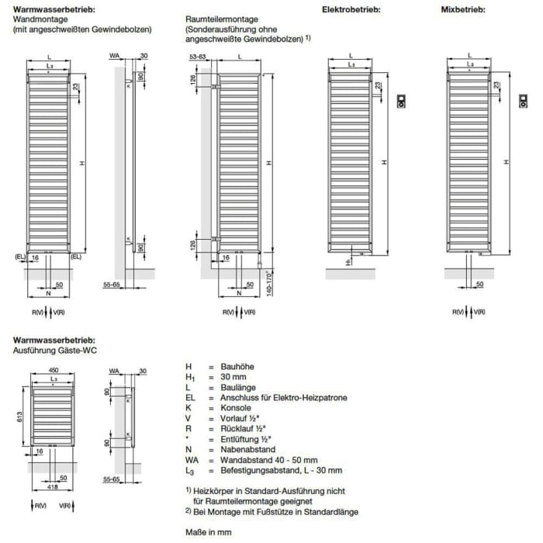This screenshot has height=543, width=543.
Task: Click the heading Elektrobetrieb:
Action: pyautogui.click(x=351, y=9)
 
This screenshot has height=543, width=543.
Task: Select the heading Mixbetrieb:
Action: pyautogui.click(x=462, y=9)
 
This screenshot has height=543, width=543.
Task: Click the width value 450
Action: pyautogui.click(x=53, y=370)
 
